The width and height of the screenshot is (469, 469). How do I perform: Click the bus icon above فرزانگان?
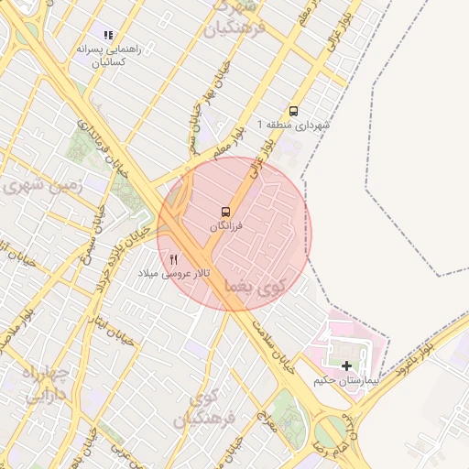click(x=226, y=212)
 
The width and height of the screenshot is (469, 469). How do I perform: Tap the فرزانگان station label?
click(x=226, y=225)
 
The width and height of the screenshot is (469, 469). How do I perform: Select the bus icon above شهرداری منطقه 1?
click(x=293, y=109)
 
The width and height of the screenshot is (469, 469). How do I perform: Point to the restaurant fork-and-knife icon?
click(x=174, y=259)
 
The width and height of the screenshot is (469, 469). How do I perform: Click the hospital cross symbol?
click(x=346, y=365)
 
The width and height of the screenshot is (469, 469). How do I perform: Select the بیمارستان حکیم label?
click(x=345, y=379)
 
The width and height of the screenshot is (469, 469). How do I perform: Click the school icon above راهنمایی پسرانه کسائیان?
click(x=108, y=35)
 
